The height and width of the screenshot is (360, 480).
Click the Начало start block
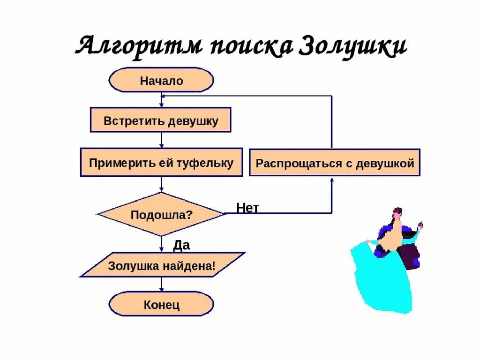tap(161, 81)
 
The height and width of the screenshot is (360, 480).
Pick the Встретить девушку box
tap(161, 120)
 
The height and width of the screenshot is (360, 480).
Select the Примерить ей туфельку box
tap(161, 163)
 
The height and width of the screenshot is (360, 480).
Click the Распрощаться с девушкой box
tap(335, 163)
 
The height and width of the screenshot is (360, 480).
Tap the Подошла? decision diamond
tap(161, 215)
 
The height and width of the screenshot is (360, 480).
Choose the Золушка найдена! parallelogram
tap(162, 266)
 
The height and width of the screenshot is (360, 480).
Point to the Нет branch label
tap(247, 208)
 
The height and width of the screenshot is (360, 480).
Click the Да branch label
tap(181, 245)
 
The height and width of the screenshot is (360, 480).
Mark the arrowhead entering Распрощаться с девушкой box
tap(332, 180)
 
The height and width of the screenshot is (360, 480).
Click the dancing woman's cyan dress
tap(380, 281)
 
